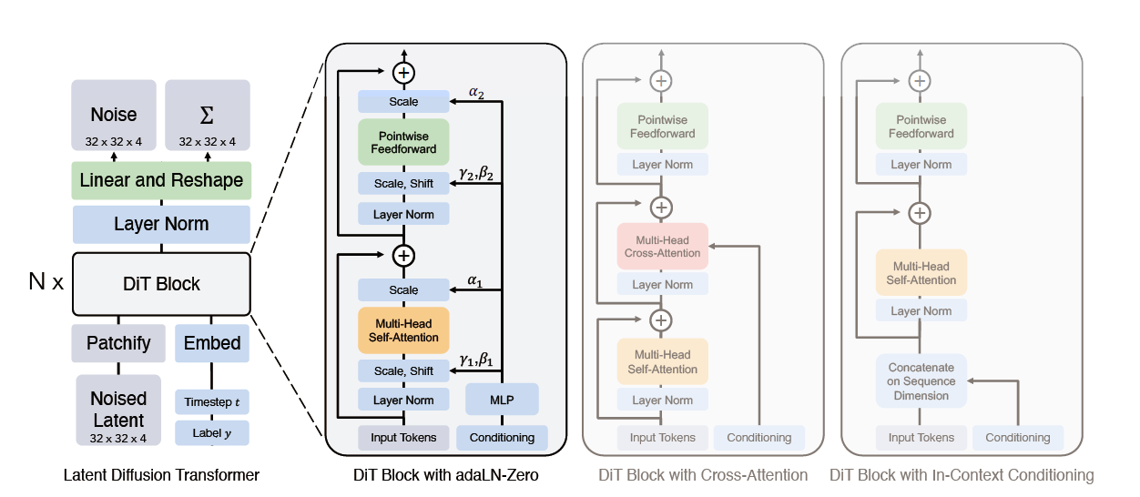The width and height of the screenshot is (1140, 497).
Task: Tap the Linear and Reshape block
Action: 161,180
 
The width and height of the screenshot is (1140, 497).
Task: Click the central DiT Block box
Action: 161,283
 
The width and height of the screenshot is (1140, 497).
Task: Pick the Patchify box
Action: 118,343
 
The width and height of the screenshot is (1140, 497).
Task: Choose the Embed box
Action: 212,343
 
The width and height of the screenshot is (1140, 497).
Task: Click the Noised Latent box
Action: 118,410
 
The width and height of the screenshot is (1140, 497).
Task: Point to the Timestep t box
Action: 212,401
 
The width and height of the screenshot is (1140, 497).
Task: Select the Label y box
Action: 212,432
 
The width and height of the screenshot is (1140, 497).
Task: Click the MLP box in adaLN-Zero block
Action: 502,400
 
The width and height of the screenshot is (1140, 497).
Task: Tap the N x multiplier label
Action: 46,282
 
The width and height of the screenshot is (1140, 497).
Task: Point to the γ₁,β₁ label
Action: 476,361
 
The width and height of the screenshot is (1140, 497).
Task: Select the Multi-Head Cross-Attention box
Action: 662,246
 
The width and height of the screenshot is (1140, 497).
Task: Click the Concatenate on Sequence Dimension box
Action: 921,381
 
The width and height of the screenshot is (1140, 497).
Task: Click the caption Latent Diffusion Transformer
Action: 161,475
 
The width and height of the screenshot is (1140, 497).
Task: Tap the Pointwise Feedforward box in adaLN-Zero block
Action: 403,142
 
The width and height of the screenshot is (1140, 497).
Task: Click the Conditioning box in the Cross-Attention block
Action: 758,438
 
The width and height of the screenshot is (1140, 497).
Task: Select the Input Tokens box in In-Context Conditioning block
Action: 921,438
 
